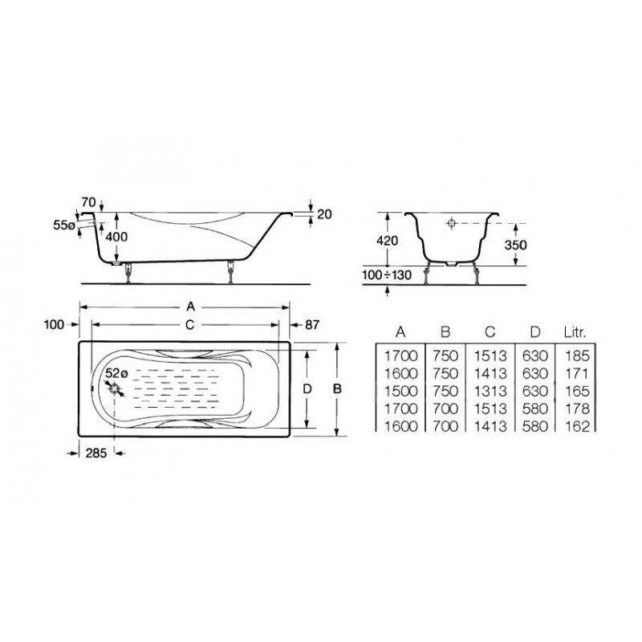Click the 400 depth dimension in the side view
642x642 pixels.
116,237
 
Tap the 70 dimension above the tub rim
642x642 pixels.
88,202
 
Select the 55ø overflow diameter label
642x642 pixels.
64,225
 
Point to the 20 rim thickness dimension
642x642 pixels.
324,214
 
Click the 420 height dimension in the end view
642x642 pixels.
387,240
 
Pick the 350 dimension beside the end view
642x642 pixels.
515,245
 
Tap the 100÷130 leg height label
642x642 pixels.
387,274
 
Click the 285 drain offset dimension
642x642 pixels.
96,453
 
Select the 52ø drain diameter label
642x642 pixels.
116,373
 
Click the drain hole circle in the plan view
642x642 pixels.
115,389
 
